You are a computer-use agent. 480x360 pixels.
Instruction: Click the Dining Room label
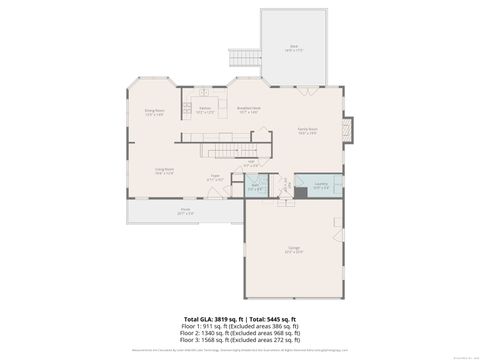tap(153, 112)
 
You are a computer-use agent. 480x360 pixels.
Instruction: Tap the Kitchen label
tap(204, 109)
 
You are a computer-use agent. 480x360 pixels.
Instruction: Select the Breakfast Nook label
tap(248, 109)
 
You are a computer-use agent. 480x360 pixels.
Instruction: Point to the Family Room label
tap(308, 130)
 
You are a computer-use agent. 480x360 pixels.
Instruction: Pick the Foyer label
tap(215, 177)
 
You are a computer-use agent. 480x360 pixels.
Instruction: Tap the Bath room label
tap(254, 185)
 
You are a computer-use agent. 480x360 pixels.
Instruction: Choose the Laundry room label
tap(320, 186)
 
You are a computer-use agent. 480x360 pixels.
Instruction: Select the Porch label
tap(185, 212)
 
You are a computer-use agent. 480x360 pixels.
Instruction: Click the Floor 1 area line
tap(241, 326)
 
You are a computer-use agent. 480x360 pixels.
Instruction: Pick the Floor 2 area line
tap(241, 334)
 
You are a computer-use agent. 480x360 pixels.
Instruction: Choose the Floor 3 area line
tap(241, 342)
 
